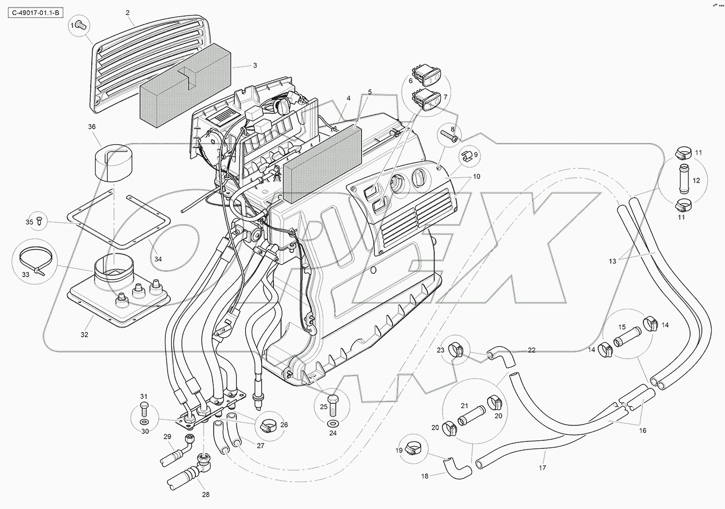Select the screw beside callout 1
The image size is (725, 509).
tap(81, 24)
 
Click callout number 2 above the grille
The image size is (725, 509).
tap(128, 12)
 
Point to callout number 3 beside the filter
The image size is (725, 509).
tap(255, 66)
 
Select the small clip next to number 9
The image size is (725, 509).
tap(467, 156)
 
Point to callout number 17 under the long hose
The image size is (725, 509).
tap(543, 468)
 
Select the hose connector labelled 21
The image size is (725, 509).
tap(472, 414)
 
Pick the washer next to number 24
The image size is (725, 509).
tap(332, 425)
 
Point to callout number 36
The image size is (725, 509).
tap(91, 127)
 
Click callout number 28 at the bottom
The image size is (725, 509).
tap(206, 495)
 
